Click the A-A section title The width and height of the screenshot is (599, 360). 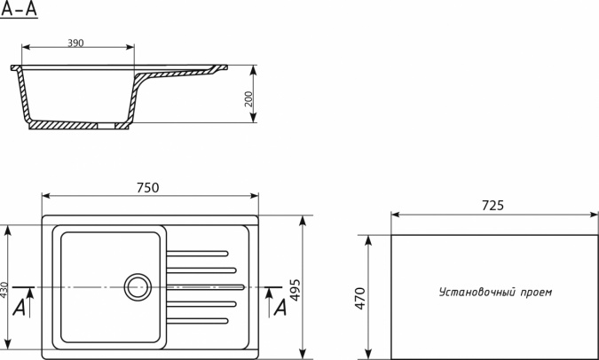pyautogui.click(x=20, y=8)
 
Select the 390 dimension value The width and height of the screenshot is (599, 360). pyautogui.click(x=75, y=43)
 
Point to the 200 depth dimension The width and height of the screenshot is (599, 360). pyautogui.click(x=248, y=99)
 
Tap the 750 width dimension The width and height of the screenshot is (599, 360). pyautogui.click(x=148, y=187)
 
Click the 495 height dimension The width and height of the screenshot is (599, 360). pyautogui.click(x=296, y=291)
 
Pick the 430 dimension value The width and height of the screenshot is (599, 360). pyautogui.click(x=4, y=290)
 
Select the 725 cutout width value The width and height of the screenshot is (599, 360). pyautogui.click(x=493, y=206)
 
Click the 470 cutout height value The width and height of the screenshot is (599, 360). pyautogui.click(x=360, y=299)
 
